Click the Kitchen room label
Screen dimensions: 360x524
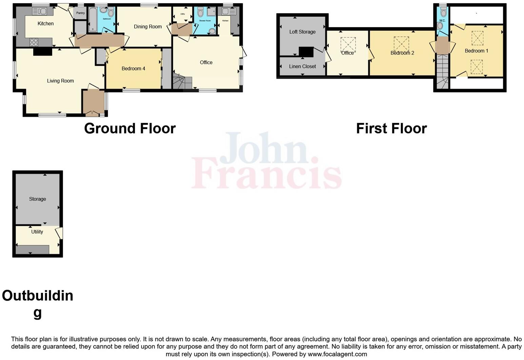pos(45,23)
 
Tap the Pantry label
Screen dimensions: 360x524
pos(80,13)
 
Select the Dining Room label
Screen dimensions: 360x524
pos(147,26)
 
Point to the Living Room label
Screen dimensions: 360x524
pos(60,81)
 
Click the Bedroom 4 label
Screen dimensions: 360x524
pos(133,68)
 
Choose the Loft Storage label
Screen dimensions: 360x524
pos(302,32)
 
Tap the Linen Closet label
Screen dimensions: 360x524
pos(302,66)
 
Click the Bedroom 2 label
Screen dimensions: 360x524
pos(402,53)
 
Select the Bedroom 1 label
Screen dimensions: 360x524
pos(476,51)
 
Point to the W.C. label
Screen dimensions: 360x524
pos(442,21)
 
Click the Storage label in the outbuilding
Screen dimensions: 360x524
pos(37,199)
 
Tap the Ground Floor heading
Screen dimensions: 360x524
pos(130,128)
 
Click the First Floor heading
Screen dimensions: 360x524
pos(391,128)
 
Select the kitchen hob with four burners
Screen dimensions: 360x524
pos(34,42)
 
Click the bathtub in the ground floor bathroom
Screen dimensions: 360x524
pos(93,20)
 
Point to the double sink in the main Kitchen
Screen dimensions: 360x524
pos(40,12)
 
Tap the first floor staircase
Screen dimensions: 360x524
pos(442,73)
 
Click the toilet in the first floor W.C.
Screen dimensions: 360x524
pos(443,13)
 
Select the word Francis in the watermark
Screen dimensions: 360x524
pos(266,174)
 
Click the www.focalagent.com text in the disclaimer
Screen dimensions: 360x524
pos(337,354)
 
